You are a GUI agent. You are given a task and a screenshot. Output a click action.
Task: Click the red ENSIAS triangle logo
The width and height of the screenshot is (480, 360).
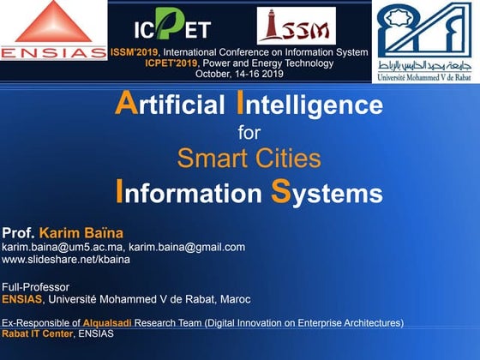tap(53, 21)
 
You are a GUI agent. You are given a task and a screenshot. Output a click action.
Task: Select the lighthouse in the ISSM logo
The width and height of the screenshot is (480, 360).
tap(271, 25)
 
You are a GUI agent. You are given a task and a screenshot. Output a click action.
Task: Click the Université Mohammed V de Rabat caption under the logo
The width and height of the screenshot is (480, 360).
tap(424, 77)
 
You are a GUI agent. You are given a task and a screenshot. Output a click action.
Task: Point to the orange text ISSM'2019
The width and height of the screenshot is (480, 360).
tap(135, 52)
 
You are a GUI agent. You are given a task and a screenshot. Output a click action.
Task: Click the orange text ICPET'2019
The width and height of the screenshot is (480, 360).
tap(171, 63)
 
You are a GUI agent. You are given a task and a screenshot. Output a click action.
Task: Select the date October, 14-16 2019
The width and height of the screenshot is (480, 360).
tap(239, 74)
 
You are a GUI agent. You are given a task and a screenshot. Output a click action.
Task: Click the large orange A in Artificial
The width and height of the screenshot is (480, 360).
tap(127, 103)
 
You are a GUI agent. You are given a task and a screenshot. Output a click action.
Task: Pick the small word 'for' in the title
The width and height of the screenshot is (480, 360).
tap(249, 133)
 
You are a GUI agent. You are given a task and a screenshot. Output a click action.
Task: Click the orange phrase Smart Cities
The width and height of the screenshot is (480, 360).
tap(249, 158)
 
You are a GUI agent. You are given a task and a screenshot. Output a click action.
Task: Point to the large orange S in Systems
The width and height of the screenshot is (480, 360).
tap(281, 191)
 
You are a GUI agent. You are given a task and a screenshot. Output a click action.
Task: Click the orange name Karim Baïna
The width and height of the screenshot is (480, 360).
tap(81, 233)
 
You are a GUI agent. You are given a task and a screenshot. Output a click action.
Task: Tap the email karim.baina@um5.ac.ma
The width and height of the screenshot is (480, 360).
tap(62, 248)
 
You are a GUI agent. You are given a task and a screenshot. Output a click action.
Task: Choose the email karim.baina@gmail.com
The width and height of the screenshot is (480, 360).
tap(187, 248)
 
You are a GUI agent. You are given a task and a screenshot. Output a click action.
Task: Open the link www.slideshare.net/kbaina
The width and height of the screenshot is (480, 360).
tap(66, 260)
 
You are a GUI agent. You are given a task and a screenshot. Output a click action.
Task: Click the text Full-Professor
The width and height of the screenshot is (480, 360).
tap(35, 287)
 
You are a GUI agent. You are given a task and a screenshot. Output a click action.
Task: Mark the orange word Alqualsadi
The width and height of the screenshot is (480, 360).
tap(107, 323)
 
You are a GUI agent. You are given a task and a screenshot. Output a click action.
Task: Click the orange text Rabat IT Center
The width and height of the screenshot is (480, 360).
tap(38, 333)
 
